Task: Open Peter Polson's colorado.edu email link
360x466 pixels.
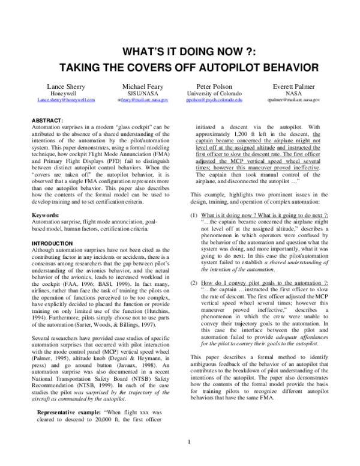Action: pyautogui.click(x=215, y=100)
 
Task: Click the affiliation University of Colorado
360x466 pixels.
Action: pyautogui.click(x=215, y=94)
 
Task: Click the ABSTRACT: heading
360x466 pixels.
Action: pyautogui.click(x=47, y=121)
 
